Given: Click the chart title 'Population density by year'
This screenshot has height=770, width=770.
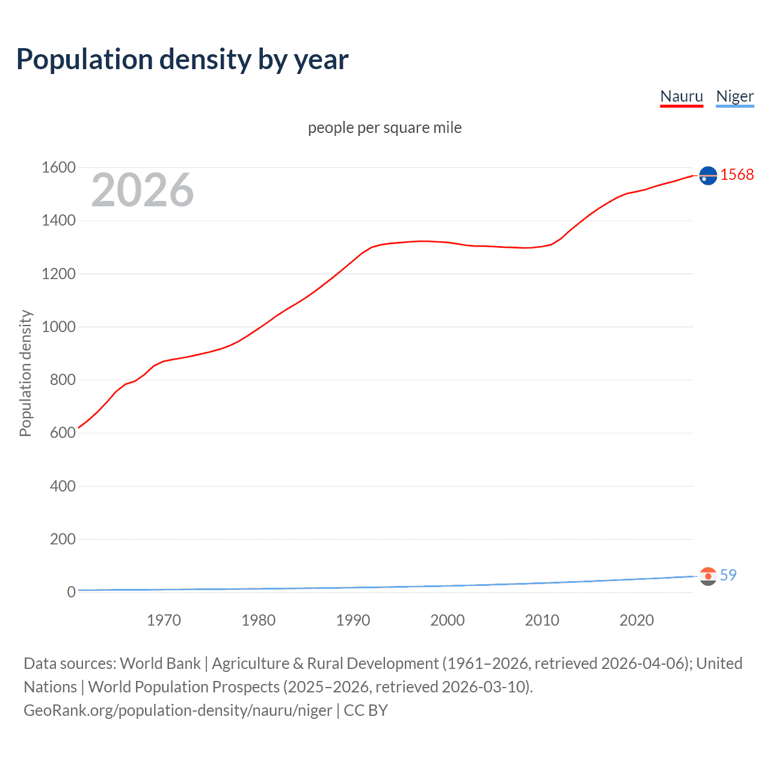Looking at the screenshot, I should coord(182,60).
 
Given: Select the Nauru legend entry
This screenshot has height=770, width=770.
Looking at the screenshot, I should coord(682,96).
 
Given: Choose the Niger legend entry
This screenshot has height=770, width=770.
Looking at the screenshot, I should coord(735,96).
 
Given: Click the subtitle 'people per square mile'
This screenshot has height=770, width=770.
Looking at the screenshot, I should coord(384,128).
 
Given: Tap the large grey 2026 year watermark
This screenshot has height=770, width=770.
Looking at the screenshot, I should coord(143,190).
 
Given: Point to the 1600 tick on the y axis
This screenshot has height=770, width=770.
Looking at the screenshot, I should coord(58,167).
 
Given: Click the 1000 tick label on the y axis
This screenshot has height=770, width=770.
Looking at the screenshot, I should coord(58,327).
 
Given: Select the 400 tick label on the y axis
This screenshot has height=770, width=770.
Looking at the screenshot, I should coord(63,486).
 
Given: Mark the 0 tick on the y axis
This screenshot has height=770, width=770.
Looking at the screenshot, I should coord(71,592).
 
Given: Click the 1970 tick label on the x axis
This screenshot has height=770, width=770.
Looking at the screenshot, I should coord(164,620).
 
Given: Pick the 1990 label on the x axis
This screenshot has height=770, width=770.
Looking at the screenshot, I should coord(353,620).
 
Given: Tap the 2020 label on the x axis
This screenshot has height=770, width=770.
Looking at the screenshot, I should coord(636,620).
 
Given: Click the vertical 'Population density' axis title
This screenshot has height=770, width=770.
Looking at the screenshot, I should coord(25,373).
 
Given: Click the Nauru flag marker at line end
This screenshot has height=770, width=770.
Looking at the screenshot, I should coord(708,175).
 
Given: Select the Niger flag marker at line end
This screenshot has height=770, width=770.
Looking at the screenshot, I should coord(708,576).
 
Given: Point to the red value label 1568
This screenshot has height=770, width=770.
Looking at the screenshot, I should coord(737,174).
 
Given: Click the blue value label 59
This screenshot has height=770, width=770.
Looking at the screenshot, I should coord(728,575).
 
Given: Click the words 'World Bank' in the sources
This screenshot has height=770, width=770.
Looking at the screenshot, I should coord(160,663).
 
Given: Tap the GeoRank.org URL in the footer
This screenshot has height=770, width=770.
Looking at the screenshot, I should coord(177,710).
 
